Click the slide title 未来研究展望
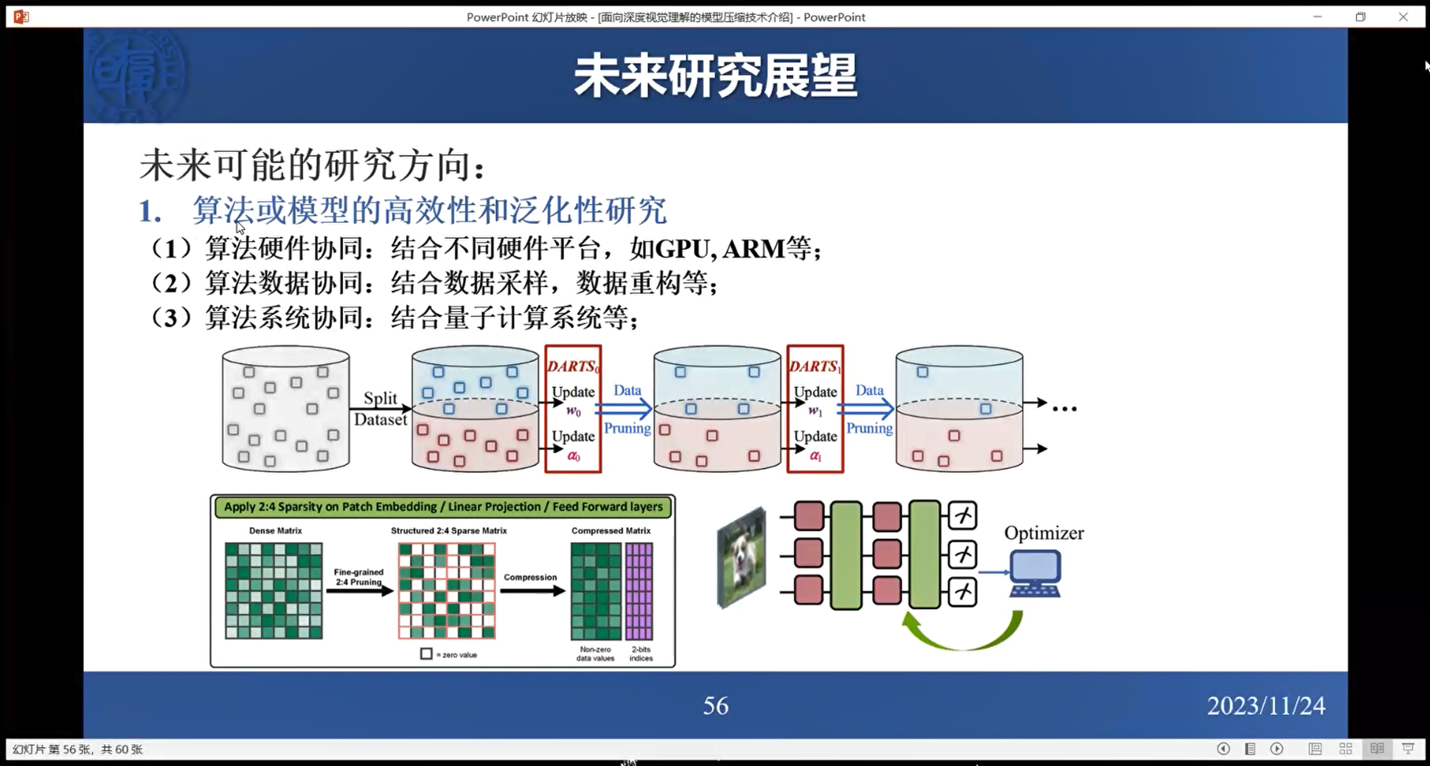coord(715,76)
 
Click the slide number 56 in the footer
coord(715,706)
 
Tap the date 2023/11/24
coord(1266,706)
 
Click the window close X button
coord(1403,17)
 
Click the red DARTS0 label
coord(572,366)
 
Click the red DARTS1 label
coord(814,366)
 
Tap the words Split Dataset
coord(380,409)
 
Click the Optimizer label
coord(1044,533)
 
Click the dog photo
coord(742,558)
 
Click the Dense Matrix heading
coord(276,531)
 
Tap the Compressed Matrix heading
coord(610,531)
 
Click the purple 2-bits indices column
coord(639,591)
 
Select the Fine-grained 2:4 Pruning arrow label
coord(358,577)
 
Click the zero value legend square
coord(426,654)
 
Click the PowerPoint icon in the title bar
coord(21,17)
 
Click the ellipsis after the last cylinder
coord(1065,409)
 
